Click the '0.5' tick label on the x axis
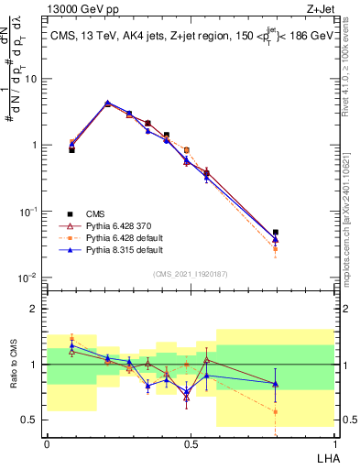tap(191, 442)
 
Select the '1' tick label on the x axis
tap(333, 442)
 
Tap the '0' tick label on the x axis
tap(47, 442)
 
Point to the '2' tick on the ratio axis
tap(33, 309)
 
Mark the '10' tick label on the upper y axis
tap(28, 79)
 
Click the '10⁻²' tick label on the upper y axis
tap(27, 278)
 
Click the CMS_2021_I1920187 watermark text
tap(190, 274)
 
